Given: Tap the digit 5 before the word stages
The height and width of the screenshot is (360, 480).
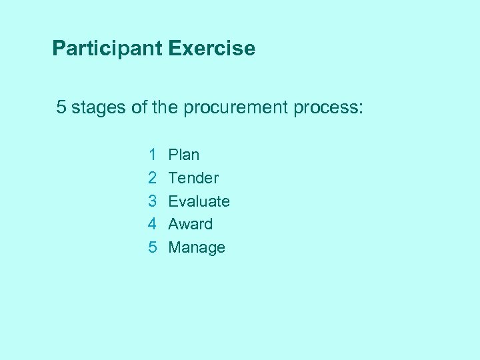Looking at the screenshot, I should (x=61, y=107).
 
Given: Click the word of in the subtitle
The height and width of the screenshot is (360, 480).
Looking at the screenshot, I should (x=139, y=107).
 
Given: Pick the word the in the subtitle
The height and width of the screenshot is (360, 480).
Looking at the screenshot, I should (x=165, y=107).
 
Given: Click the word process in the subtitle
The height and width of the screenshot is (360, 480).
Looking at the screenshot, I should (x=325, y=108).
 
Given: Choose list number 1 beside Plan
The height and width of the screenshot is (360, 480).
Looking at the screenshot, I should (x=153, y=155).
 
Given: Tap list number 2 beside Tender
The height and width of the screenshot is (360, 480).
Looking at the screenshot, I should (x=153, y=178).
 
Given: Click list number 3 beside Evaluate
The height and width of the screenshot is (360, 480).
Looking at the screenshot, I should (x=153, y=201).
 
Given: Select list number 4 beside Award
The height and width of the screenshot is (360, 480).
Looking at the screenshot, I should (x=153, y=224).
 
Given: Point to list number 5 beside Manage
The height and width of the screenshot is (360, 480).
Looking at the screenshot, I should (x=153, y=247).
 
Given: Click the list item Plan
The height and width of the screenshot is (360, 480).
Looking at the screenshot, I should (x=184, y=155).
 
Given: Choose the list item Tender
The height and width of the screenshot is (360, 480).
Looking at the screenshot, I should (x=193, y=178).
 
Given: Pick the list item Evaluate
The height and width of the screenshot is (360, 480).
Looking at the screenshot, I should (x=199, y=201).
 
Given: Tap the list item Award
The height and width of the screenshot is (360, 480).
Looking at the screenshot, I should (x=191, y=224).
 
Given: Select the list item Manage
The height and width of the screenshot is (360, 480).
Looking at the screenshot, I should (x=197, y=248).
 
